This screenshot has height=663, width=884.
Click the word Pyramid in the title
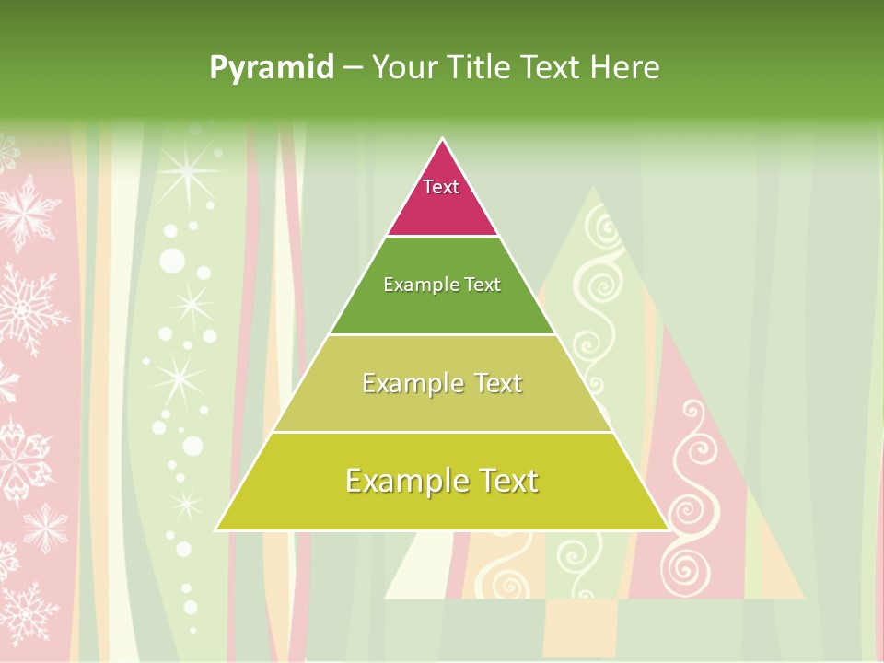(x=272, y=68)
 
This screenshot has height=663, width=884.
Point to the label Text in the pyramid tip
(x=441, y=187)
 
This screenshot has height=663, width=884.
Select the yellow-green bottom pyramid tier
(x=442, y=507)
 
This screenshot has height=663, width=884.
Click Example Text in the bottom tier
(x=442, y=481)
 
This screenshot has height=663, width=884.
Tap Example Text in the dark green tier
(x=442, y=285)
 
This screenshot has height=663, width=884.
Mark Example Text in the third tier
(x=442, y=383)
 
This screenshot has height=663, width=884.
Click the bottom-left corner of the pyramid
(x=217, y=529)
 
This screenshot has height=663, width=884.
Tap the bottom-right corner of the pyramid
(x=668, y=529)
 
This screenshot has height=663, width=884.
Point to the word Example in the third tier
(x=413, y=383)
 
